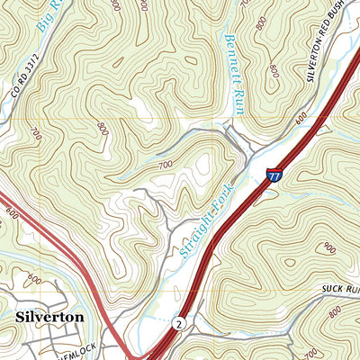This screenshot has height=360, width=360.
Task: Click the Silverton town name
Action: [49, 317]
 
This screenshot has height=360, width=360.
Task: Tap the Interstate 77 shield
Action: [274, 177]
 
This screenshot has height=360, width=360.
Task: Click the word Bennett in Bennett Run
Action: [232, 55]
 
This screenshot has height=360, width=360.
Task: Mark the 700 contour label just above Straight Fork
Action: [166, 166]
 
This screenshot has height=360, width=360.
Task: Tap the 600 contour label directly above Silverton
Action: [31, 278]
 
